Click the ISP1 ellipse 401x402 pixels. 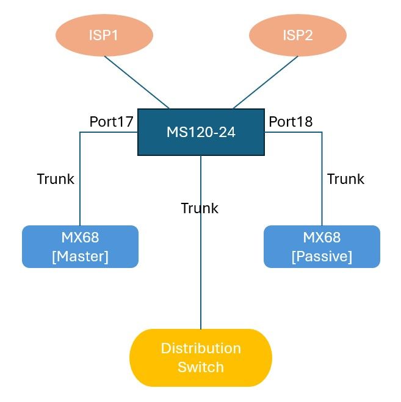[104, 35]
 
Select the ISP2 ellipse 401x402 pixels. [297, 35]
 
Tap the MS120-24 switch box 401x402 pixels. [201, 132]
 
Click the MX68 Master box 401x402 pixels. [80, 247]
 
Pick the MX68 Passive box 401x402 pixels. [322, 247]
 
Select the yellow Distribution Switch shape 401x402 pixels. [200, 358]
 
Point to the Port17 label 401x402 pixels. [111, 122]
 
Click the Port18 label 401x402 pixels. [291, 122]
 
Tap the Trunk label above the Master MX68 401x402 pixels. [56, 179]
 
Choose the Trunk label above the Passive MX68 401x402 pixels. [345, 179]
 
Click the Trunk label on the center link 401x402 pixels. [200, 209]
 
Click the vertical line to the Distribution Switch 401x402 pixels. [201, 274]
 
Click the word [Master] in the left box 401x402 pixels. [80, 257]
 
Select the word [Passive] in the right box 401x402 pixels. [322, 257]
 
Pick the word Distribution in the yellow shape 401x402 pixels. [200, 348]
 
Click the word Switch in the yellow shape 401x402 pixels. [200, 367]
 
